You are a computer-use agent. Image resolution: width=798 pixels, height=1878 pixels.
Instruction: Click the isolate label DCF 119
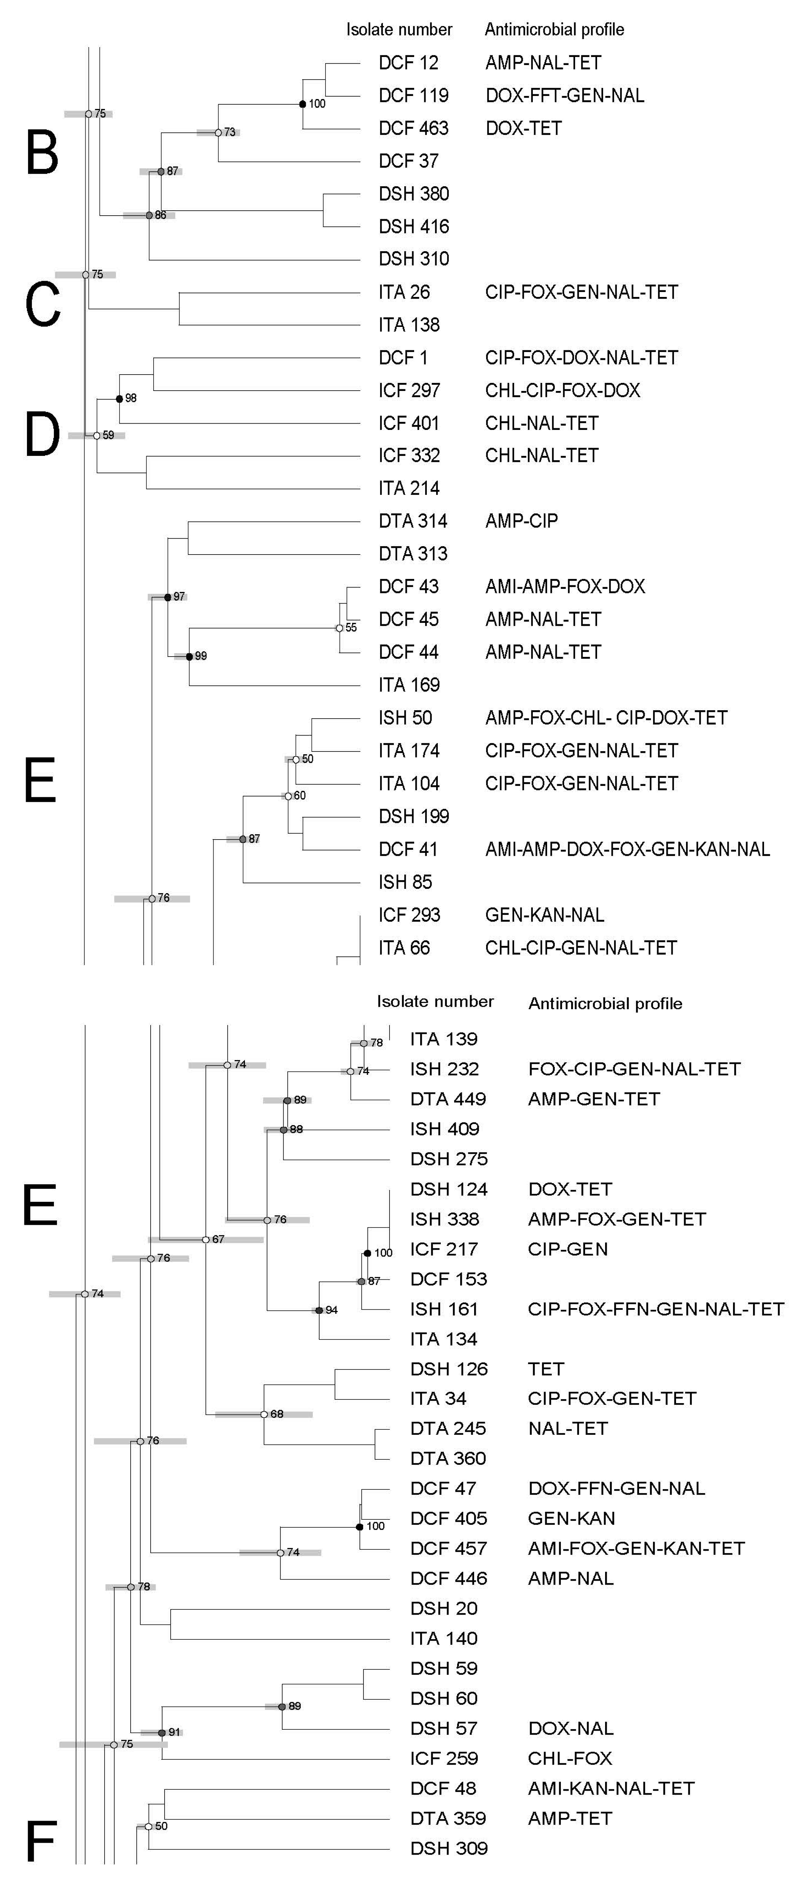coord(413,96)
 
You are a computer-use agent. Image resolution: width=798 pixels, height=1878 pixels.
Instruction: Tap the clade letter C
coord(42,305)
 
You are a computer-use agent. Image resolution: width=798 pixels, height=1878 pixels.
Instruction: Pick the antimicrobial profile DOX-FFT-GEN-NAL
coord(565,96)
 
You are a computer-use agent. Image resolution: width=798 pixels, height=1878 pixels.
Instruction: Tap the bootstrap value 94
coord(332,1310)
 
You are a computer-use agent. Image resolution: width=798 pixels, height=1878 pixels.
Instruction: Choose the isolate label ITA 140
coord(444,1638)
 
